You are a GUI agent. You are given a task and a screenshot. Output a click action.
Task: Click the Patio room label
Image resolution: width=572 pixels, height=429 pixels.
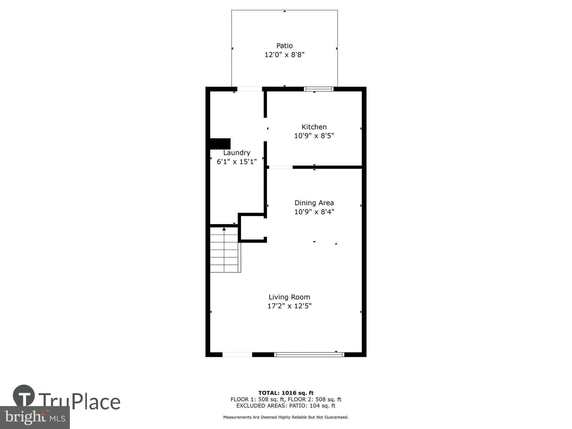tap(284, 46)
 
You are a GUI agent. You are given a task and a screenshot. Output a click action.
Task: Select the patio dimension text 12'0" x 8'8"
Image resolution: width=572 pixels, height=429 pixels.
tap(284, 55)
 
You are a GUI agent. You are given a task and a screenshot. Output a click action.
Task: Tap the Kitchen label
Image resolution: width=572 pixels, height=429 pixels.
tap(314, 127)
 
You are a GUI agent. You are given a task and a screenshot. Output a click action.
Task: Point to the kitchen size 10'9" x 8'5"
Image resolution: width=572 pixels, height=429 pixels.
tap(314, 136)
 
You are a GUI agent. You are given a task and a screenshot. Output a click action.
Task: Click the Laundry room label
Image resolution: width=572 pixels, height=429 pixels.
tap(236, 153)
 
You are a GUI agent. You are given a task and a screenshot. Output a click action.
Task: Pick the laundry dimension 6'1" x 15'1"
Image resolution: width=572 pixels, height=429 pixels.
tap(236, 162)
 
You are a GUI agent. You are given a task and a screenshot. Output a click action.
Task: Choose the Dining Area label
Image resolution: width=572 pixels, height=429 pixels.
tap(314, 203)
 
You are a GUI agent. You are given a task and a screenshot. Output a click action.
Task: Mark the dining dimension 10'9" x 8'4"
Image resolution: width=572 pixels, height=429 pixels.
tap(314, 212)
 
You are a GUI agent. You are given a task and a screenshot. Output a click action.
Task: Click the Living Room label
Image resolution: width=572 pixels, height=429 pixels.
tap(289, 297)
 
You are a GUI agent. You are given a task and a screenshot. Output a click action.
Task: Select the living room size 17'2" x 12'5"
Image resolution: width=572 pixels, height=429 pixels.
tap(289, 306)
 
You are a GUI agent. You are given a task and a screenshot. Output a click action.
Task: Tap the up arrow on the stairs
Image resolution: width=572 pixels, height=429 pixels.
tap(224, 229)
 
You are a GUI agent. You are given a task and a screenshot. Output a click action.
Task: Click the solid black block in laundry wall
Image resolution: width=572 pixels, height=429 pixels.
tap(220, 144)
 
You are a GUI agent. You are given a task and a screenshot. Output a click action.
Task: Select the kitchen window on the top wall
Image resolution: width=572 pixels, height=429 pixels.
tap(319, 89)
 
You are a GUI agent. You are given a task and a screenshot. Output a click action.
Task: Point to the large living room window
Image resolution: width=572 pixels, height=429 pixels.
tap(309, 354)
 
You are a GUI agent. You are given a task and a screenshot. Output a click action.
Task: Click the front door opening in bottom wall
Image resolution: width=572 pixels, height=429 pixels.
tap(237, 354)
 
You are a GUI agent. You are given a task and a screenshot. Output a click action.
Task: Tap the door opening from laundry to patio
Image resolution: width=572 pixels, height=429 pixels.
tap(249, 89)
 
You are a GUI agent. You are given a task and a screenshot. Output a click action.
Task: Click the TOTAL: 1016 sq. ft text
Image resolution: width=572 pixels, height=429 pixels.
tap(286, 393)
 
